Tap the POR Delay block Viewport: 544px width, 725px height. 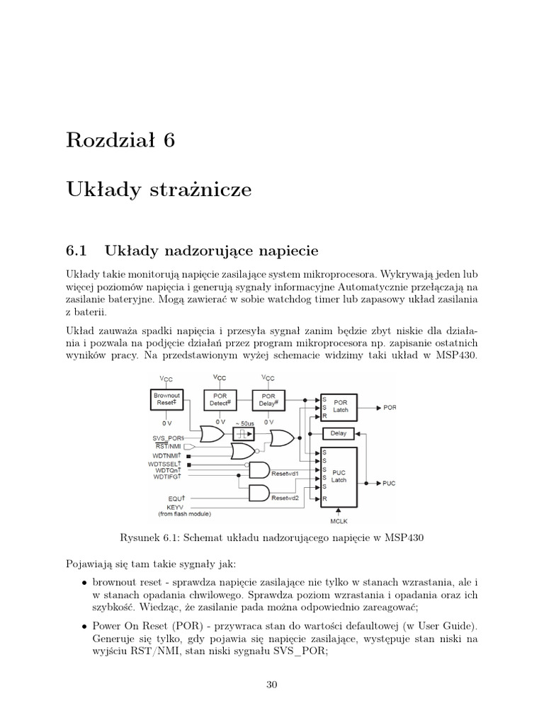point(268,400)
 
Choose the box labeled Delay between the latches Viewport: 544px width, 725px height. point(339,433)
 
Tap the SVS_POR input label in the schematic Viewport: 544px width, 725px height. point(167,438)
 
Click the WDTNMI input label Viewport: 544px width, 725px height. point(168,455)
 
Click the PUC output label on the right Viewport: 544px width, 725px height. point(389,484)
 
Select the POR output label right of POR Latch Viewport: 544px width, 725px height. point(390,409)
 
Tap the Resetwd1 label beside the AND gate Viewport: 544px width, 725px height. point(285,472)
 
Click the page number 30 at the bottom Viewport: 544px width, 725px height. point(271,684)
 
